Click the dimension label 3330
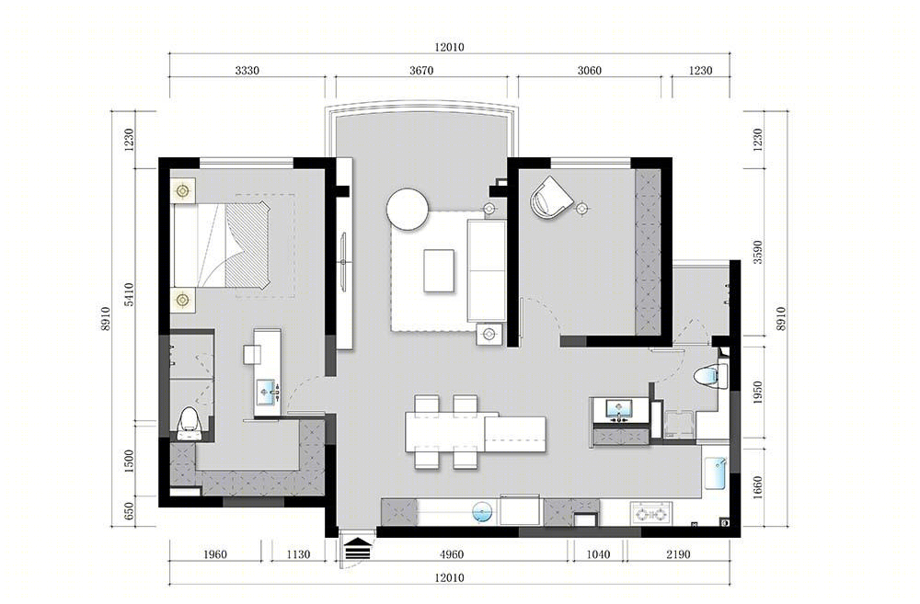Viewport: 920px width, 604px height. click(x=247, y=71)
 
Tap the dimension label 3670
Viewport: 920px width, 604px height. click(x=421, y=71)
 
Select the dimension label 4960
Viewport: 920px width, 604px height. click(x=451, y=554)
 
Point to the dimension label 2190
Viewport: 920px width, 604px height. click(x=678, y=554)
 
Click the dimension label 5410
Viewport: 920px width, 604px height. click(x=130, y=294)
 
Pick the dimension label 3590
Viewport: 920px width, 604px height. click(x=757, y=252)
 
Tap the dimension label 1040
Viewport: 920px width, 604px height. click(x=598, y=554)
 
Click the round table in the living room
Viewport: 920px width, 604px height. click(x=408, y=210)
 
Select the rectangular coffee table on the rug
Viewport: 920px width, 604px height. click(x=439, y=270)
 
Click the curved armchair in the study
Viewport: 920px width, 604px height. click(x=550, y=199)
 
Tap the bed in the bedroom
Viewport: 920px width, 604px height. click(x=221, y=245)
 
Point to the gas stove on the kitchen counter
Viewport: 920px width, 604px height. click(x=651, y=514)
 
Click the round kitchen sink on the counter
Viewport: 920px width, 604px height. click(x=482, y=512)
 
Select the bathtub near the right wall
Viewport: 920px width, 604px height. click(x=717, y=473)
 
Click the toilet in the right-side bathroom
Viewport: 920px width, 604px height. click(x=710, y=376)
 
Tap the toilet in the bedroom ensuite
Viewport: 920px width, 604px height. click(x=189, y=424)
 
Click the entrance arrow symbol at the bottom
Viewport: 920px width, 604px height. click(x=358, y=551)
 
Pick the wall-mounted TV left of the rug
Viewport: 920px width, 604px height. click(x=344, y=261)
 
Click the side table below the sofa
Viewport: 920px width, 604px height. click(x=489, y=335)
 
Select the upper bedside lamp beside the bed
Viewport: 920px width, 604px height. click(x=183, y=190)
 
